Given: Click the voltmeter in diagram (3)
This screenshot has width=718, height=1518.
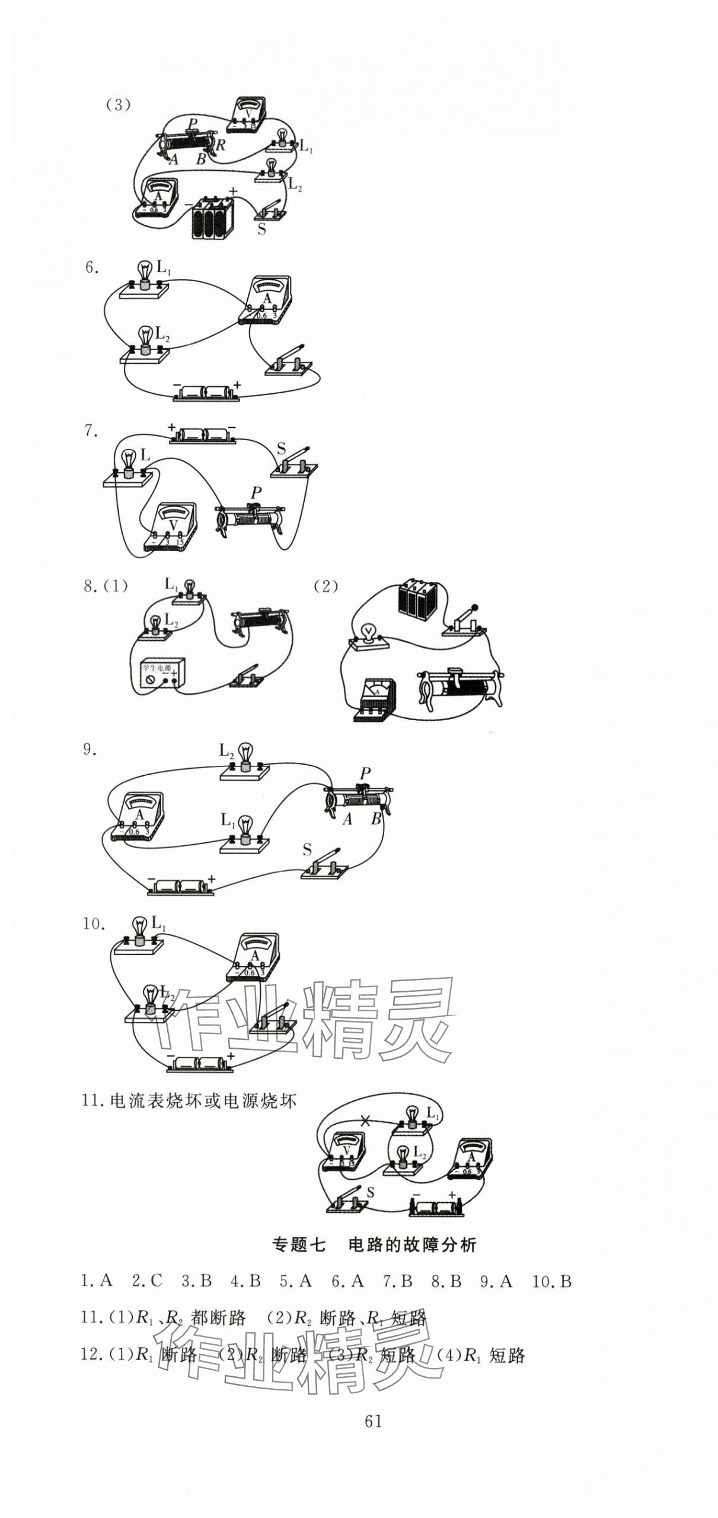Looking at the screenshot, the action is tap(248, 114).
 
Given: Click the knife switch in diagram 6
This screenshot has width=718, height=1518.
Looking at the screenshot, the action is tap(287, 361).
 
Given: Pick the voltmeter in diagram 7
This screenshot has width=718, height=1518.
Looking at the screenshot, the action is tap(172, 527).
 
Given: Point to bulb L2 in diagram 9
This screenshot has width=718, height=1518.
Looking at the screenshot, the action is tap(245, 762).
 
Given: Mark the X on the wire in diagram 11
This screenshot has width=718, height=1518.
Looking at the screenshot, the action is tap(365, 1120).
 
